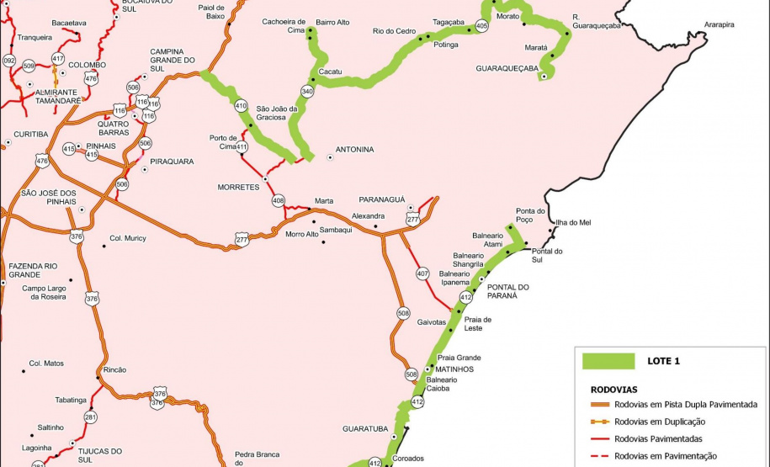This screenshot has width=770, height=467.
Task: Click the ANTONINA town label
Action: click(x=354, y=150)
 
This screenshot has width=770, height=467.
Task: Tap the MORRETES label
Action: click(x=238, y=187)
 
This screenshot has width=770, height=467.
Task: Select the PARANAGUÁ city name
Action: click(x=382, y=199)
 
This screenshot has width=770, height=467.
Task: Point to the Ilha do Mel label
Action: click(x=573, y=222)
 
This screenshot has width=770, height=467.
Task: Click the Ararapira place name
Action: click(x=719, y=25)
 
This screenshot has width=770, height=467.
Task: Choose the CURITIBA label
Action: click(x=31, y=134)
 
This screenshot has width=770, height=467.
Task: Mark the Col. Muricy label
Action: click(x=128, y=238)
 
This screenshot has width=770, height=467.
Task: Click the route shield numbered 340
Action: click(x=307, y=91)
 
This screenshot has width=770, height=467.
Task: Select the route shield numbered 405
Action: click(x=481, y=27)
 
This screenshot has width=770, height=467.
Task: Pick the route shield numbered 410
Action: click(x=241, y=106)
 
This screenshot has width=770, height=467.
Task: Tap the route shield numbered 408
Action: click(x=279, y=200)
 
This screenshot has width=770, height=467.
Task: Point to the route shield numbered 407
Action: click(x=422, y=273)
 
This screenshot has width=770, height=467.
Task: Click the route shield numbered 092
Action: click(x=9, y=61)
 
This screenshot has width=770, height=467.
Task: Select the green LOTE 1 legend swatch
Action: click(x=608, y=361)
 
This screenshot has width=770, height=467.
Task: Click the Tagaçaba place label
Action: click(x=449, y=22)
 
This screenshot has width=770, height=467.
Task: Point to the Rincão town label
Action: click(x=114, y=369)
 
